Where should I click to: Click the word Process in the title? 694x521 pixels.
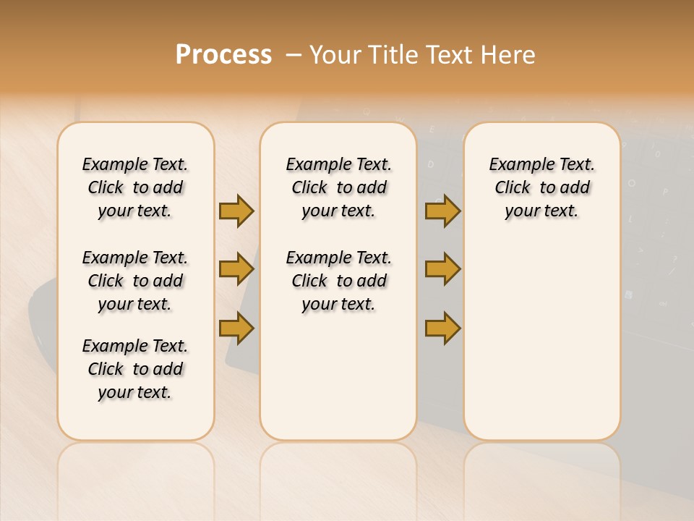(x=223, y=54)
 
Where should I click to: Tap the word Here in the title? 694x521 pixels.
(x=508, y=55)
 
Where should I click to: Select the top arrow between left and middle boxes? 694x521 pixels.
(x=236, y=211)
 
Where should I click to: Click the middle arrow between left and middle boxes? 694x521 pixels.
(x=236, y=269)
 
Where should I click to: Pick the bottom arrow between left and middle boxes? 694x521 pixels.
(x=236, y=328)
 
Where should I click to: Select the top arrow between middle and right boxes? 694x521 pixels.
(x=442, y=211)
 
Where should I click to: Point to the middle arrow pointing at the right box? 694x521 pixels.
(x=442, y=269)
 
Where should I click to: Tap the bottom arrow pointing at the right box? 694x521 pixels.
(x=442, y=328)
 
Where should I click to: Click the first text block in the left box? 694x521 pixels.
(x=135, y=187)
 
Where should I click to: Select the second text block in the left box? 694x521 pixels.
(x=135, y=281)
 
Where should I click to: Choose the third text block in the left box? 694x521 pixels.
(x=135, y=369)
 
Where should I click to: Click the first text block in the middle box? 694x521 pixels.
(x=338, y=187)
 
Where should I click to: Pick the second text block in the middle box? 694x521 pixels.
(x=338, y=281)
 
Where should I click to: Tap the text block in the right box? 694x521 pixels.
(x=541, y=187)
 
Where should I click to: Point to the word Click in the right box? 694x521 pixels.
(x=513, y=188)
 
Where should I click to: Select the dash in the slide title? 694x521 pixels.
(x=294, y=55)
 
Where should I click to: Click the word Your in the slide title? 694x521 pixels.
(x=335, y=55)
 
